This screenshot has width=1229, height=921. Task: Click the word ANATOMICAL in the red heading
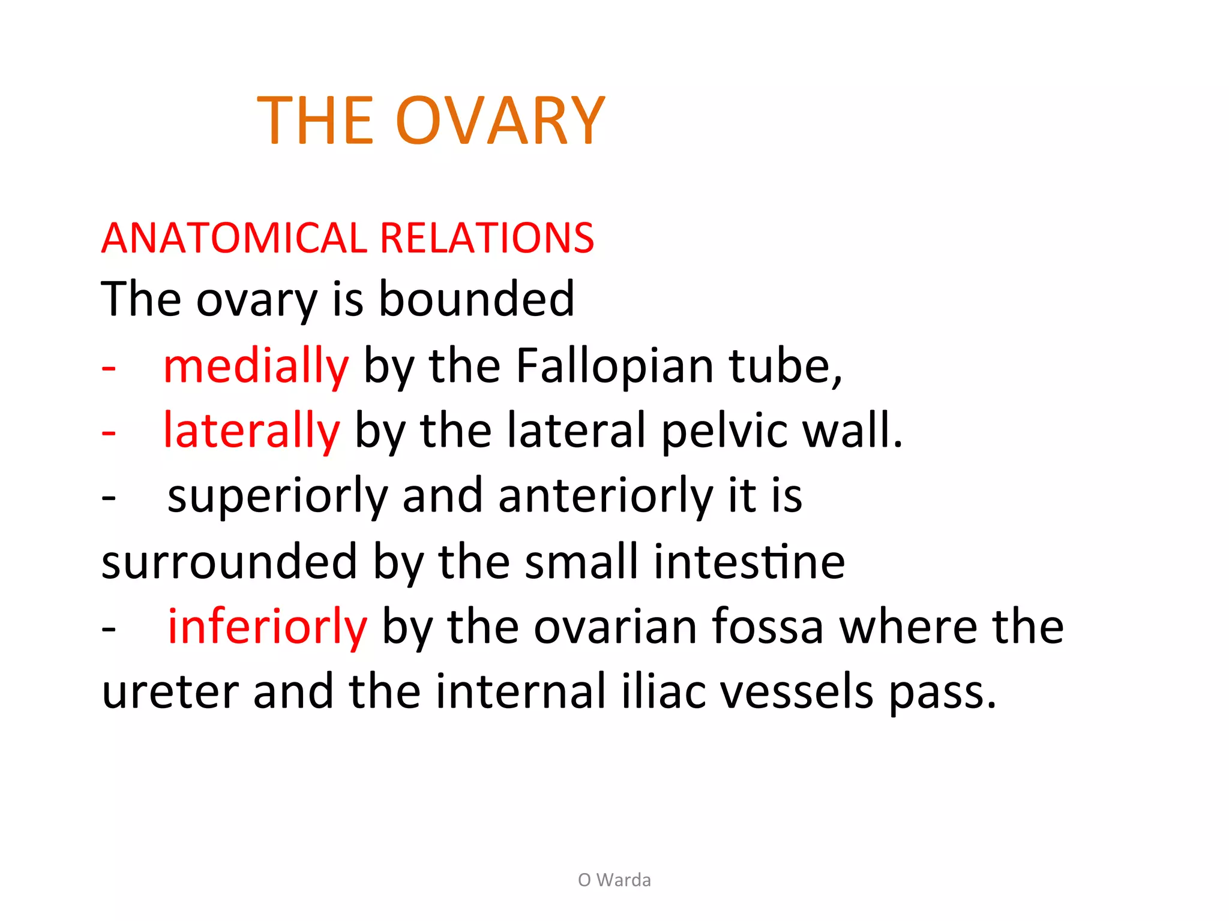(234, 238)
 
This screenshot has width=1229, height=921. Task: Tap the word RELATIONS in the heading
(487, 238)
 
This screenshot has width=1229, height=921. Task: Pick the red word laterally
(251, 431)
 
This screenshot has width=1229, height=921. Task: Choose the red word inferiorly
(267, 627)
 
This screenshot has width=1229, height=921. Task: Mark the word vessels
(796, 691)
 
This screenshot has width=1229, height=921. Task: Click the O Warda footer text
(614, 880)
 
